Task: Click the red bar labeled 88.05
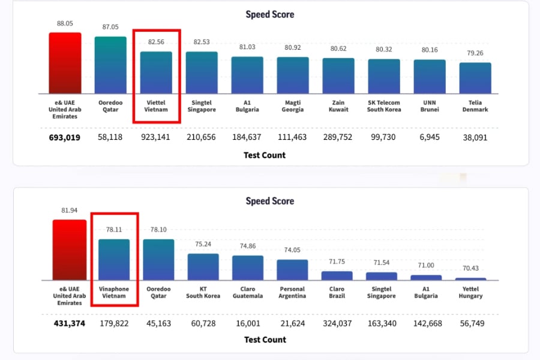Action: (x=65, y=63)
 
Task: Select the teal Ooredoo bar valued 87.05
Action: (x=110, y=65)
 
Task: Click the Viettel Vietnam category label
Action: (x=156, y=106)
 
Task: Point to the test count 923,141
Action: (x=156, y=137)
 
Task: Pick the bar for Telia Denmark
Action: (x=475, y=78)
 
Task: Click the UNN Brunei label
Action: (x=430, y=106)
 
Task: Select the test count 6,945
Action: (x=430, y=137)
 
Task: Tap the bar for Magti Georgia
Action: (x=293, y=76)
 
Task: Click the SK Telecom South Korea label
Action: (x=384, y=106)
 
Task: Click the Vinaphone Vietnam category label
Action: (x=114, y=293)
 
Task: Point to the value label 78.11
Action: (x=114, y=230)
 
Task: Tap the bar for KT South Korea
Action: (x=203, y=267)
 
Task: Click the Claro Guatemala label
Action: (x=248, y=293)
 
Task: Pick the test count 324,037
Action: (x=337, y=323)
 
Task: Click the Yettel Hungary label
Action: (x=471, y=293)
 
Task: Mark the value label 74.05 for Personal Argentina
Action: (x=292, y=250)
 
